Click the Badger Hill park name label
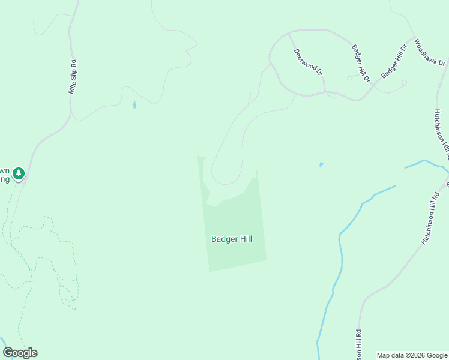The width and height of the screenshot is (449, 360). coord(231,239)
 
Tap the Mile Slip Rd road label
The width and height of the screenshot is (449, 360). coord(73,76)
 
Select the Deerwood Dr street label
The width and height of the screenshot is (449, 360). coord(308,61)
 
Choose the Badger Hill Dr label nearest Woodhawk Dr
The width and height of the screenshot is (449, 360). coord(394,61)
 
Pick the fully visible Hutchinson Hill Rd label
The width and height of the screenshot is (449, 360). coord(430,217)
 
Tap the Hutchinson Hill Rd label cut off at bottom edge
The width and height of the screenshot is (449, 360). coord(358,346)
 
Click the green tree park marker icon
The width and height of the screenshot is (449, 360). coord(19,174)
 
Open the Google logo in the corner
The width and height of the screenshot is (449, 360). coord(20,353)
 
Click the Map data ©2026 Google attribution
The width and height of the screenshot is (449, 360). coord(412,355)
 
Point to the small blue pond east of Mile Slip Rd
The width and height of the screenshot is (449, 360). coord(134,106)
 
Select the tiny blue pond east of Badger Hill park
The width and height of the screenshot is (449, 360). coord(321,164)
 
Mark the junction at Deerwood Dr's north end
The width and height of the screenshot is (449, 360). coord(289,33)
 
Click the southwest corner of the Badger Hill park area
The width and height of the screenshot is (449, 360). coord(209,271)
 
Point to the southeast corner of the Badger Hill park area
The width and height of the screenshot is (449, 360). coord(266,260)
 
